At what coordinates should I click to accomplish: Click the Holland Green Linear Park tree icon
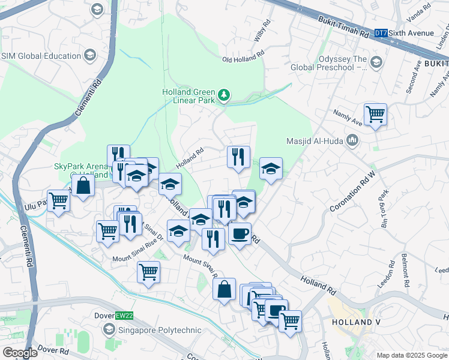point(224,95)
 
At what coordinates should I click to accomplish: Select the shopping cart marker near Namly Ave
point(375,113)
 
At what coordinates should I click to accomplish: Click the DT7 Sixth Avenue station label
point(398,33)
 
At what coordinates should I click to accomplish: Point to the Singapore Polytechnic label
point(150,329)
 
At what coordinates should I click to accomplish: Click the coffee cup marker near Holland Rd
point(240,233)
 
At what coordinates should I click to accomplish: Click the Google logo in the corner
point(19,352)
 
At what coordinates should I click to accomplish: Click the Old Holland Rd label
point(243,59)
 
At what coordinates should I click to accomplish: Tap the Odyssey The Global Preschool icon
point(376,62)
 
